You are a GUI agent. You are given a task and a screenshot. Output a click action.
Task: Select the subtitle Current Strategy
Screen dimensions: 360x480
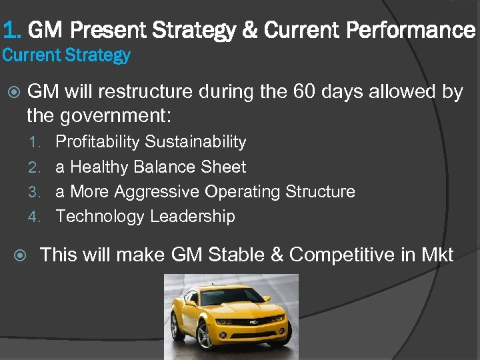(66, 55)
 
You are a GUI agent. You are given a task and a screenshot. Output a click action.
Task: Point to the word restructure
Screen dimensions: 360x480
(149, 92)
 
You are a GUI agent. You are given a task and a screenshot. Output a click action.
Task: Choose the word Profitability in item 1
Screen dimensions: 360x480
(97, 142)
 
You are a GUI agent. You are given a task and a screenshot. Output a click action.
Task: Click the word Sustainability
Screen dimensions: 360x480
(195, 142)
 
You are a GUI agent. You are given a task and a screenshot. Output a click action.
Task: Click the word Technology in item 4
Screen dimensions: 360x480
(100, 217)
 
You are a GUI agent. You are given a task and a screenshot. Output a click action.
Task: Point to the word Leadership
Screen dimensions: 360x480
(192, 217)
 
